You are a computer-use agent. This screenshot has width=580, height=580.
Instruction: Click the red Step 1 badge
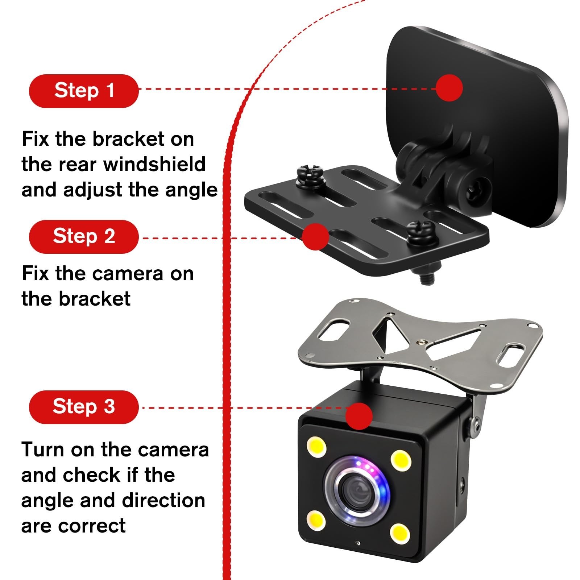click(x=84, y=91)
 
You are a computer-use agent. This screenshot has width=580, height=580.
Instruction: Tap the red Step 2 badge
click(x=84, y=237)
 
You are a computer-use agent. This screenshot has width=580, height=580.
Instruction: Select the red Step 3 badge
click(x=84, y=407)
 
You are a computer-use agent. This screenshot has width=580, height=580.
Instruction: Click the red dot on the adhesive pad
click(x=449, y=88)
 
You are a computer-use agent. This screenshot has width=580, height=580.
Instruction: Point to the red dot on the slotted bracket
click(x=315, y=236)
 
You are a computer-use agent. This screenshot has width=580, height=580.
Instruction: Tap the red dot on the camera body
click(x=359, y=416)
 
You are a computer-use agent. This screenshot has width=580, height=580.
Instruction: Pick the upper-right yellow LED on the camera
click(x=401, y=460)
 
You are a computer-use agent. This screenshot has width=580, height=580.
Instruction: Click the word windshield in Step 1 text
click(x=155, y=164)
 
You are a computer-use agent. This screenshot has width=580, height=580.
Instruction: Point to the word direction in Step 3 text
click(x=163, y=500)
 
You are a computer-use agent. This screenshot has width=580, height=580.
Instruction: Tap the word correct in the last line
click(x=92, y=526)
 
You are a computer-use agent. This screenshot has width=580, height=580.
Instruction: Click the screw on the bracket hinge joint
click(x=477, y=190)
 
